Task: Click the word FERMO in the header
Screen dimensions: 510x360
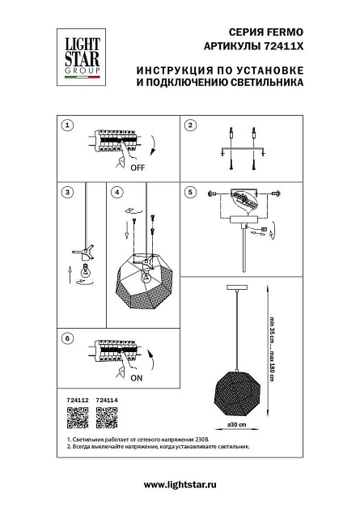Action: point(284,32)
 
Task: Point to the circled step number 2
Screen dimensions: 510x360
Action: point(190,125)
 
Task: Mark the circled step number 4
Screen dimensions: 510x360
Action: point(117,193)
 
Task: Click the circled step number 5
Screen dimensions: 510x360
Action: point(190,193)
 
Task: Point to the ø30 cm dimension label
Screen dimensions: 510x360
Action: point(235,424)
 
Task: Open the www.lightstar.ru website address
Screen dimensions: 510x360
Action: point(180,483)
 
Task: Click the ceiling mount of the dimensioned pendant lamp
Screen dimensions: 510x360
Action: point(236,289)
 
